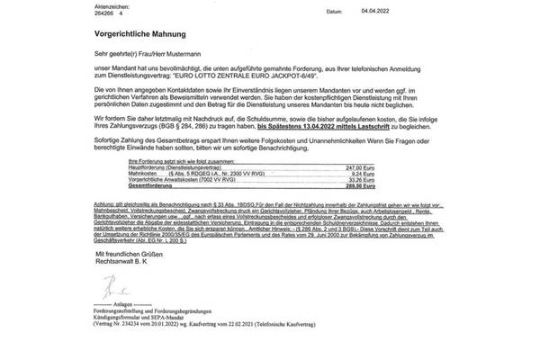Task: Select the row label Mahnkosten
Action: (x=122, y=198)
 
